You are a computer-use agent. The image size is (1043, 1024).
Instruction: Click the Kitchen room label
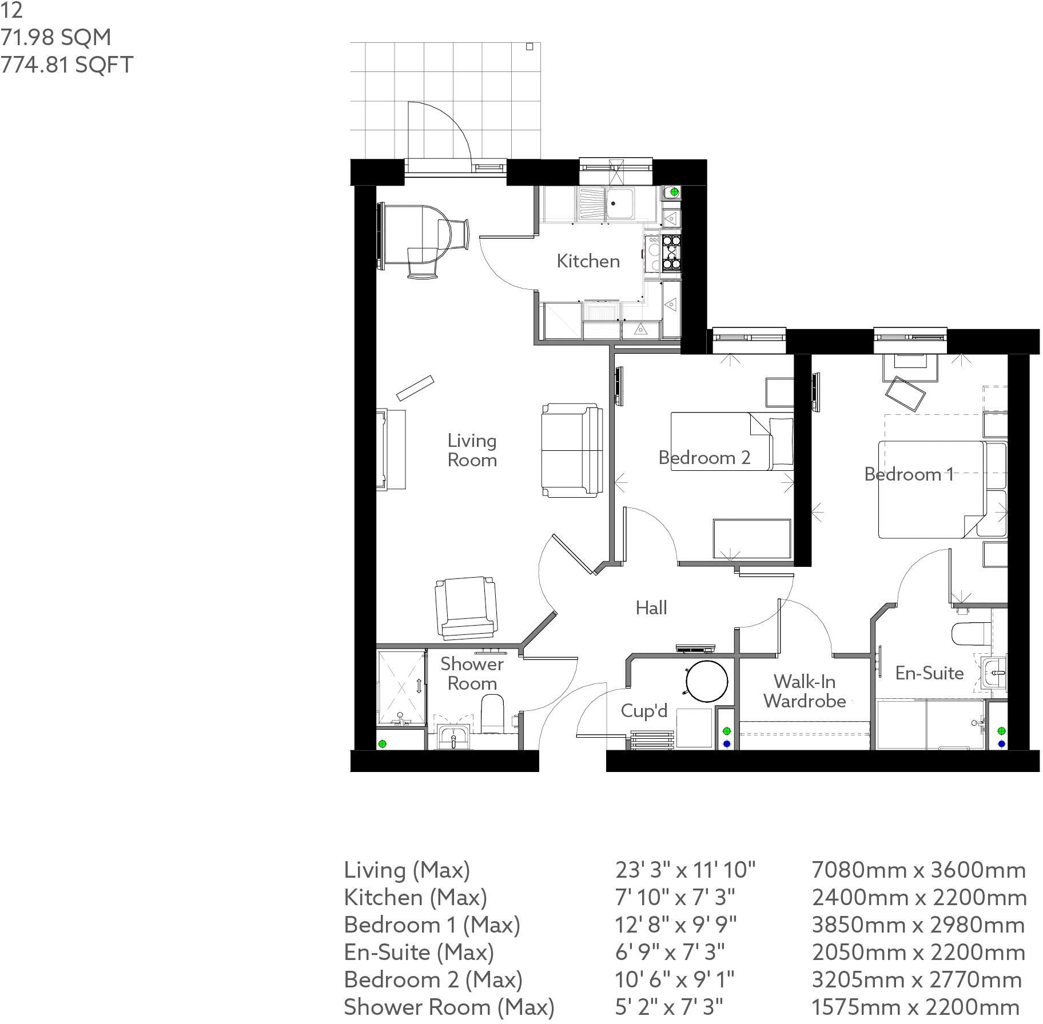[x=588, y=261]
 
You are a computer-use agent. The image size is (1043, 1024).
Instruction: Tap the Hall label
[x=651, y=607]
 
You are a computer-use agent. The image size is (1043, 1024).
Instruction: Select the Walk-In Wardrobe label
[x=805, y=691]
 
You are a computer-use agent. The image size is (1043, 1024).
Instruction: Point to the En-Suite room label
[x=929, y=673]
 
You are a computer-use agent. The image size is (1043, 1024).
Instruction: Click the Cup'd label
[x=644, y=710]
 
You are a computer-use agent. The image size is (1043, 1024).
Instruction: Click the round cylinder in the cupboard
[x=707, y=681]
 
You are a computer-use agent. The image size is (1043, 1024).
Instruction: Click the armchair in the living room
[x=465, y=607]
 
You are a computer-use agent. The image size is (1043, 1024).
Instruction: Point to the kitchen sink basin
[x=620, y=203]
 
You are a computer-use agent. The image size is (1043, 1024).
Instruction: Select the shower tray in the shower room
[x=401, y=687]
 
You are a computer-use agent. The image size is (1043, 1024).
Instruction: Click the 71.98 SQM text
[x=56, y=38]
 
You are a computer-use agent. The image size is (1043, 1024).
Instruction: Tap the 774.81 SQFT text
[x=67, y=64]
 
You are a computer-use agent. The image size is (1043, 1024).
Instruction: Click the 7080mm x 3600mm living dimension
[x=918, y=870]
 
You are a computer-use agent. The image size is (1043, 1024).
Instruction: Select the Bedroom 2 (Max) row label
[x=433, y=979]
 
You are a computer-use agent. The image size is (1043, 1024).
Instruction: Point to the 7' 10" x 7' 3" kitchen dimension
[x=675, y=897]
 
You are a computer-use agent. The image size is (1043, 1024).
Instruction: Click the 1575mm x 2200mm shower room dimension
[x=915, y=1007]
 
